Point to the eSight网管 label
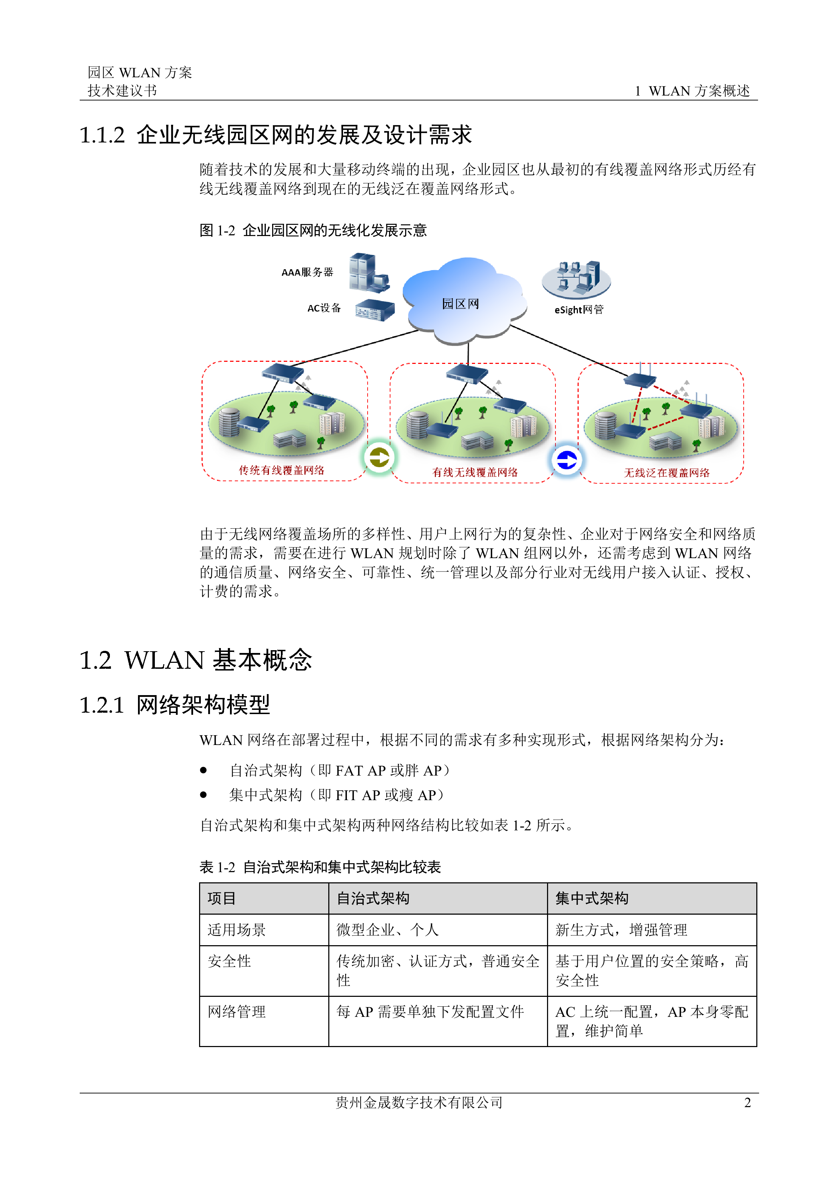[x=578, y=310]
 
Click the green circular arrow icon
[x=379, y=457]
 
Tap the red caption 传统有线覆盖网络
[x=281, y=470]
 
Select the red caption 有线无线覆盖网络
[x=474, y=472]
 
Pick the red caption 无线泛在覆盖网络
[x=666, y=472]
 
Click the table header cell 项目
[x=222, y=898]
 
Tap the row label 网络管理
[x=236, y=1012]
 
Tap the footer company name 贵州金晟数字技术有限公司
[x=419, y=1102]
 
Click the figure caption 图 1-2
[x=217, y=230]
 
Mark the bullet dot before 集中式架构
[x=203, y=795]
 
